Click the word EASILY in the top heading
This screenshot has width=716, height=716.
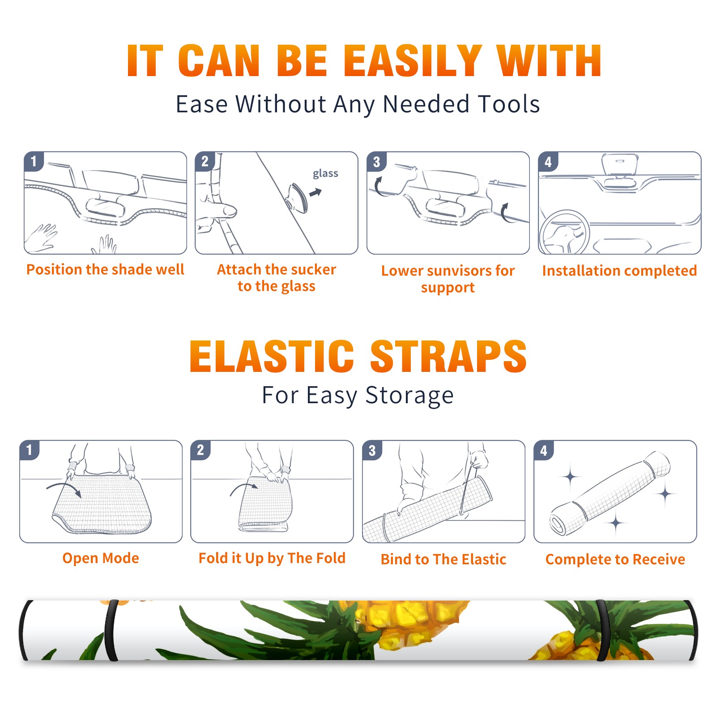tap(413, 61)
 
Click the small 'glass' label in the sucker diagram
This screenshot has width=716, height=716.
tap(325, 173)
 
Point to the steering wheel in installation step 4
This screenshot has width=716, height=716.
tap(564, 232)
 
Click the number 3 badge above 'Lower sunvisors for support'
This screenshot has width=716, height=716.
tap(376, 162)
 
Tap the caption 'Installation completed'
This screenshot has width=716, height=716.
tap(619, 270)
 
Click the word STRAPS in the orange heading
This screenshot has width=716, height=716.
tap(448, 356)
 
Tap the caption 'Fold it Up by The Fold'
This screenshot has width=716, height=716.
tap(272, 558)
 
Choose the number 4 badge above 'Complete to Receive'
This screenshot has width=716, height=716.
tap(544, 450)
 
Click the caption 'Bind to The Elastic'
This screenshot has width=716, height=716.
tap(443, 559)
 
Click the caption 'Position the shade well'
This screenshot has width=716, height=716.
tap(105, 269)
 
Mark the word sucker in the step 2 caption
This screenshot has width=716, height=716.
tap(313, 269)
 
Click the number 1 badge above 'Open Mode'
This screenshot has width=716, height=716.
tap(29, 450)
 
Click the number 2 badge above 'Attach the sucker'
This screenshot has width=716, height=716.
tap(205, 162)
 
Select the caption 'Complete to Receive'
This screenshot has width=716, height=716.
tap(615, 559)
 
